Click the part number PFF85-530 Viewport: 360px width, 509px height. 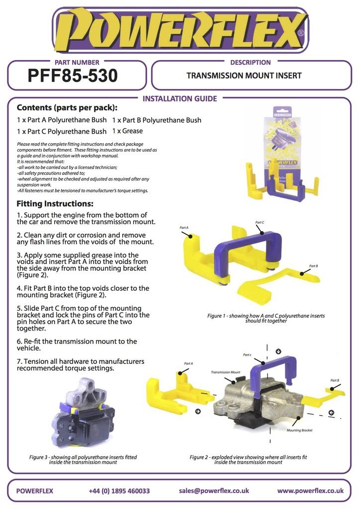[x=73, y=76]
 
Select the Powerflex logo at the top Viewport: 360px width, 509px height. [x=180, y=30]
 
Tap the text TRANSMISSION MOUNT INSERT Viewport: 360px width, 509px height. [x=244, y=76]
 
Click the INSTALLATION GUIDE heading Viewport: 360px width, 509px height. [x=180, y=99]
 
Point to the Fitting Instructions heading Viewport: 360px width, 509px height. [x=55, y=204]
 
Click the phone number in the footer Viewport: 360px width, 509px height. [x=119, y=491]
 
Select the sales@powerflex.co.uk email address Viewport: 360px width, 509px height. [x=214, y=491]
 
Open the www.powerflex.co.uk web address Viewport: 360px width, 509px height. [x=310, y=491]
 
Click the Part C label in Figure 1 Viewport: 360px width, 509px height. [x=260, y=222]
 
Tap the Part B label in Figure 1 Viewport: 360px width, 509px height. [x=314, y=266]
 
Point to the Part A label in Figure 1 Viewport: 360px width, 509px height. [x=184, y=228]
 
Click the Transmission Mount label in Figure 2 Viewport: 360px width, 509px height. [x=226, y=372]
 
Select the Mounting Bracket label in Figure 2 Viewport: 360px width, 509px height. [x=299, y=430]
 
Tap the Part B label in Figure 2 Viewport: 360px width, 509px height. [x=335, y=380]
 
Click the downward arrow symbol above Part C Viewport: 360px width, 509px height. [x=278, y=351]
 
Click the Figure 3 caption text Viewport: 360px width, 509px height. [x=83, y=460]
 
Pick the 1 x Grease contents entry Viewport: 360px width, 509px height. [x=128, y=131]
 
